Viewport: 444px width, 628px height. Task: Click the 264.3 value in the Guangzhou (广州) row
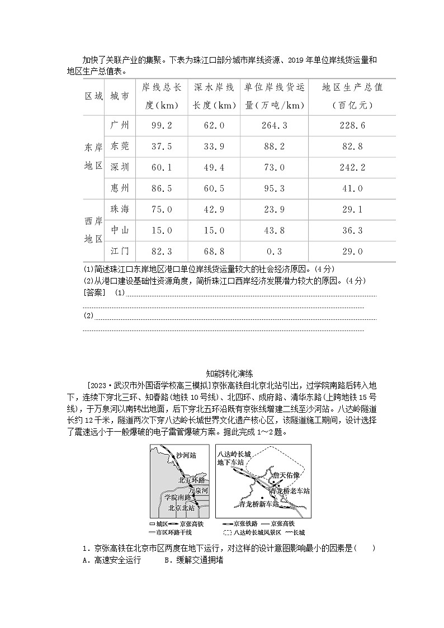(x=274, y=125)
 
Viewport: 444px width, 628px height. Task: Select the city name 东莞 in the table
(x=120, y=147)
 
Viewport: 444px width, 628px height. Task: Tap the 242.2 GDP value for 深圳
(x=352, y=168)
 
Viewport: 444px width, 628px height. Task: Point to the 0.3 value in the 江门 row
(x=274, y=252)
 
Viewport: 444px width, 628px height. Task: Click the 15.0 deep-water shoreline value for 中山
(x=214, y=230)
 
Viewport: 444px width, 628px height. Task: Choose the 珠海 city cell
(x=120, y=209)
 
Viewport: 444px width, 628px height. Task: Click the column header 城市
(x=120, y=96)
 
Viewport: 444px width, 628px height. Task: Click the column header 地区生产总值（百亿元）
(x=352, y=96)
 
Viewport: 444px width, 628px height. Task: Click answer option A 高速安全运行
(x=111, y=560)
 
